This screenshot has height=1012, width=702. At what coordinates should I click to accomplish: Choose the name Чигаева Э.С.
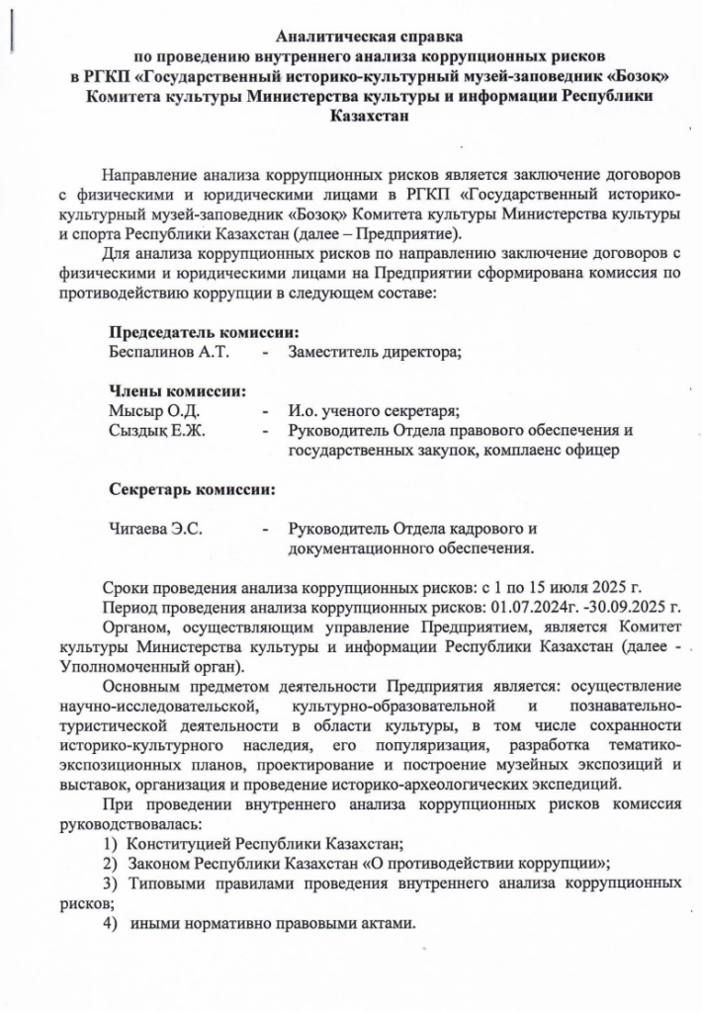pos(155,529)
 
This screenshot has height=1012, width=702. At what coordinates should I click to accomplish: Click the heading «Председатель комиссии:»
pos(204,331)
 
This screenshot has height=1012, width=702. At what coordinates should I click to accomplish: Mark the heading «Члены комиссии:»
pos(177,390)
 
